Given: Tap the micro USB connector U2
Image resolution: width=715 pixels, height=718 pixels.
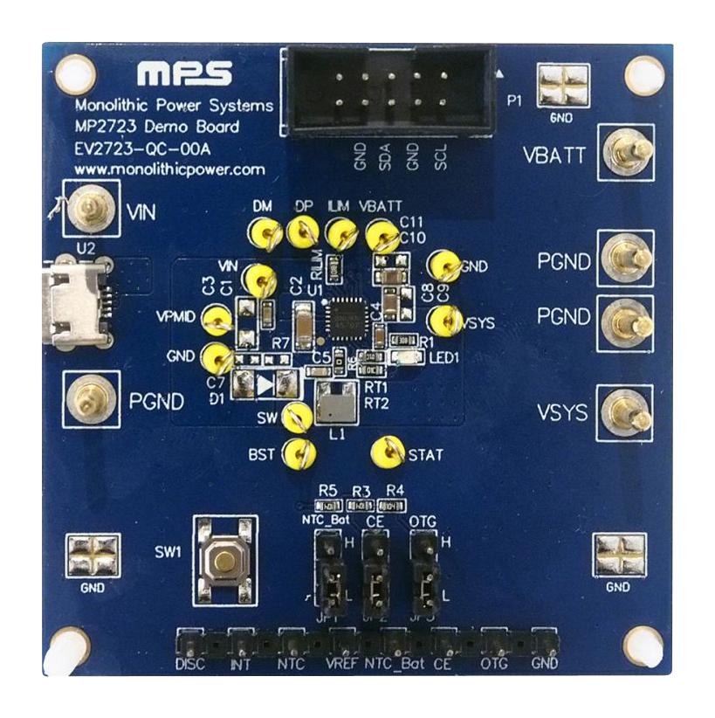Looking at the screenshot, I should tap(78, 301).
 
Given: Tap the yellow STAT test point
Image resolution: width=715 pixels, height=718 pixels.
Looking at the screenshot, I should tap(385, 452).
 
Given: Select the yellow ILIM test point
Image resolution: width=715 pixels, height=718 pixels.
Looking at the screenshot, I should tap(340, 233).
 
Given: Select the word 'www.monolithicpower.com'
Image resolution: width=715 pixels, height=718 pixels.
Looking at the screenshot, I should tap(165, 167).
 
